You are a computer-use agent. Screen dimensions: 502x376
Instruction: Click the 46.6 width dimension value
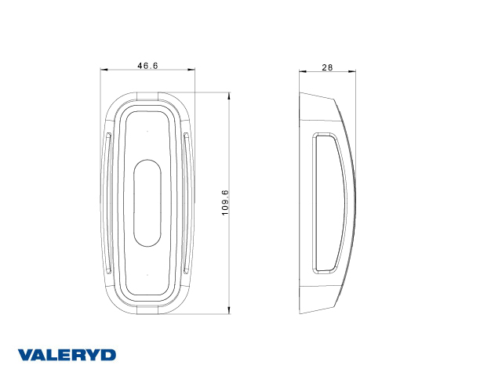147,66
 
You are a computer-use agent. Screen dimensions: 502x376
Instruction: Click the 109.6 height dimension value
225,203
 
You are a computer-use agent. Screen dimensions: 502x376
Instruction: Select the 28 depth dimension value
327,67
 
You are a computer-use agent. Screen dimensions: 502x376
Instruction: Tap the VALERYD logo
67,355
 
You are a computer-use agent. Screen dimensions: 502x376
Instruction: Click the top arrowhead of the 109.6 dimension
228,96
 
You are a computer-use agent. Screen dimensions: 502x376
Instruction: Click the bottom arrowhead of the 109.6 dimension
228,310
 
